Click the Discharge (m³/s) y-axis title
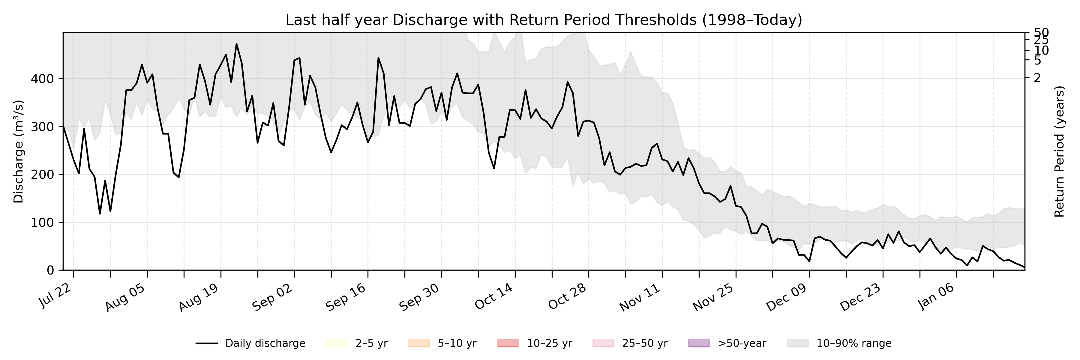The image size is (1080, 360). click(18, 152)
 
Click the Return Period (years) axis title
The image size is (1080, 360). click(1060, 152)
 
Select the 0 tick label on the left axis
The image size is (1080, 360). click(50, 270)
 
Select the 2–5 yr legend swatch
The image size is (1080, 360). click(337, 343)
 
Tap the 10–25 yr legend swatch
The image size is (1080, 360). click(508, 343)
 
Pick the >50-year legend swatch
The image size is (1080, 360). click(699, 343)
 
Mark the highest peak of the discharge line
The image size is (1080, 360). click(236, 43)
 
